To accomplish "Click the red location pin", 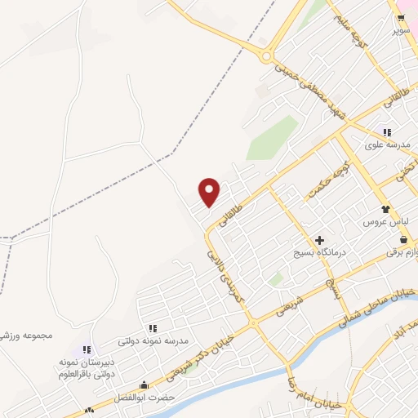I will [210, 192].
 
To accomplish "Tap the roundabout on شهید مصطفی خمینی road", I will [266, 56].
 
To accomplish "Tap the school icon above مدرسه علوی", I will [385, 132].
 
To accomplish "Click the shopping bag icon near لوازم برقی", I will [404, 239].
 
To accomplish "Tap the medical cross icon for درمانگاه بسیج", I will [319, 241].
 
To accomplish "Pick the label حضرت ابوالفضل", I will [145, 397].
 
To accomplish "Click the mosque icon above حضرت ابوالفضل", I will [144, 385].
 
